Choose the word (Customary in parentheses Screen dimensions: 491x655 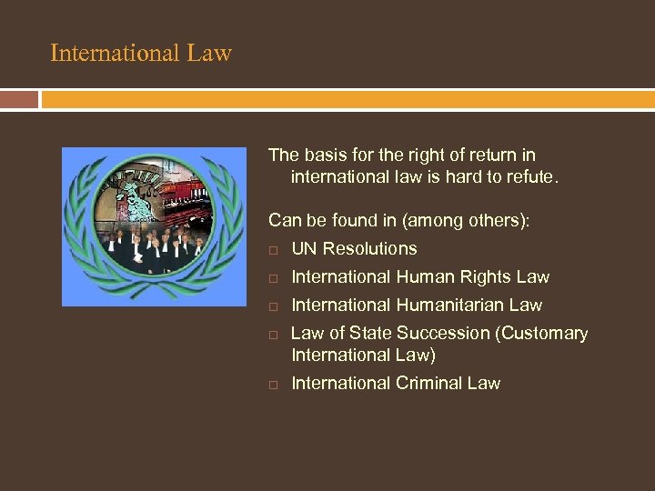coord(541,334)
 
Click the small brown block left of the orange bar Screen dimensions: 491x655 coord(19,99)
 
